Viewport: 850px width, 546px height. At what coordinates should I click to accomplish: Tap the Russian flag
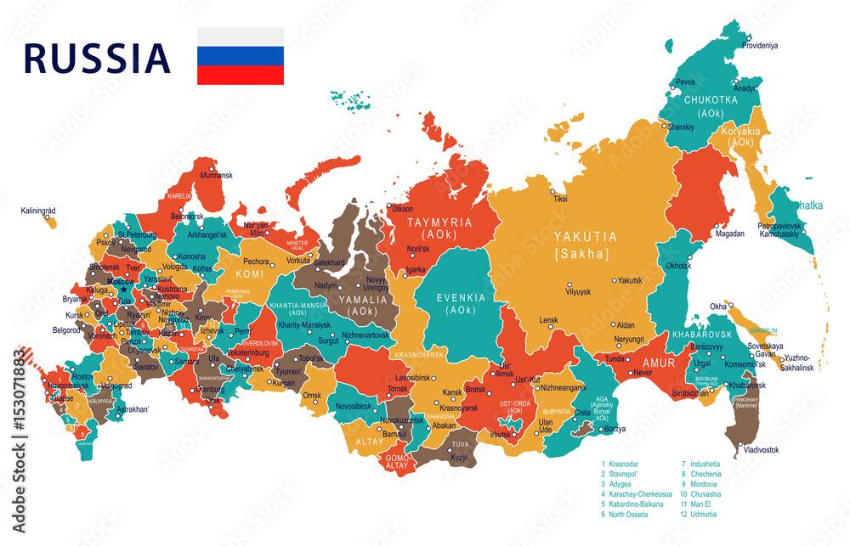click(x=241, y=56)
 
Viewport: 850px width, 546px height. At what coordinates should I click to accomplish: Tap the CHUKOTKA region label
click(x=711, y=99)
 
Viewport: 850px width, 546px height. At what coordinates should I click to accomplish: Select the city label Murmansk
click(x=215, y=176)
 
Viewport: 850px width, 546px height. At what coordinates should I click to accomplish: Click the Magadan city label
click(x=729, y=234)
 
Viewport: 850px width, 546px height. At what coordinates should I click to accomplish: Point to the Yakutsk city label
click(x=630, y=279)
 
